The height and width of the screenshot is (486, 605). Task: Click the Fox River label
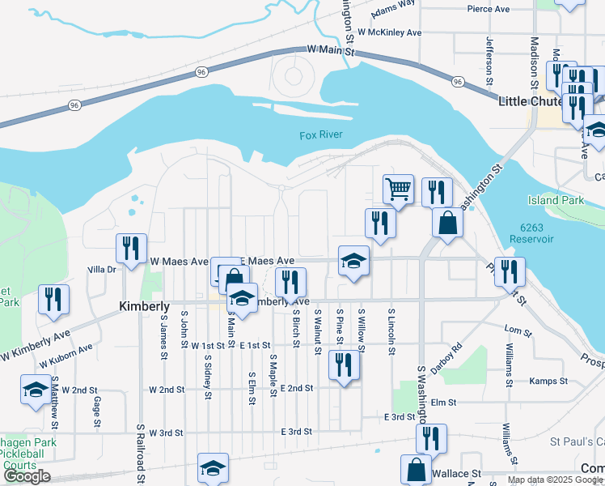tap(320, 135)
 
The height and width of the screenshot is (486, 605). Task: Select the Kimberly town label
tap(144, 307)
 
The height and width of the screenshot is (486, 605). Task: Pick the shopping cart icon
tap(398, 190)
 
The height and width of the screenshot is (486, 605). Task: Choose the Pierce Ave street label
tap(489, 9)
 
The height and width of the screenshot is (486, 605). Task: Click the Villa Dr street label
tap(102, 268)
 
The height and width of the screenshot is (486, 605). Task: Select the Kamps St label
tap(548, 381)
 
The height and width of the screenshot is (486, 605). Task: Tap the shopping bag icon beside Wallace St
tap(415, 469)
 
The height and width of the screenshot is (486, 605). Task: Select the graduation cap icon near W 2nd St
tap(36, 390)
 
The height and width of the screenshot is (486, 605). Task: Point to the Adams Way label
tap(393, 9)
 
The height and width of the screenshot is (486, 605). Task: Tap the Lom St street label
tap(517, 330)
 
